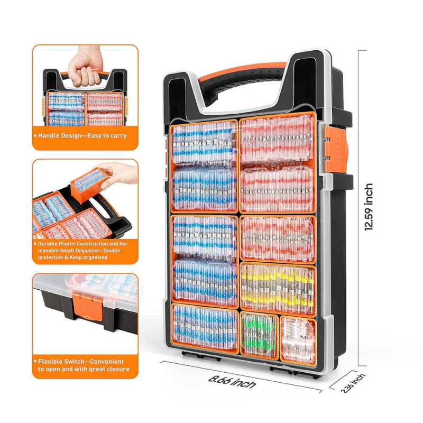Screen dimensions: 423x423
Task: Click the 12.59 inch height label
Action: click(369, 207)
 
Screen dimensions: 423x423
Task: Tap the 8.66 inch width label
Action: click(232, 381)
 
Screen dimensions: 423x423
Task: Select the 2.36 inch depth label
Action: click(353, 383)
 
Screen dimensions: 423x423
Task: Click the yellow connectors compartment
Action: click(278, 289)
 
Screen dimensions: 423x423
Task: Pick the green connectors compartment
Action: click(259, 335)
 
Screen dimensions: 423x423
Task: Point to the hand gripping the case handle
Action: click(86, 67)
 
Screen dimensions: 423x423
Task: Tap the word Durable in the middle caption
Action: click(47, 244)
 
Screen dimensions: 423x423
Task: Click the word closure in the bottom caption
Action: click(117, 369)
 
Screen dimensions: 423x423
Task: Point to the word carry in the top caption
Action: click(118, 136)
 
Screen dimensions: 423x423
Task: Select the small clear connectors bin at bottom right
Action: click(298, 341)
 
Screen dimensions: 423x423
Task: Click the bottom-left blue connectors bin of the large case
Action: click(205, 328)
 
